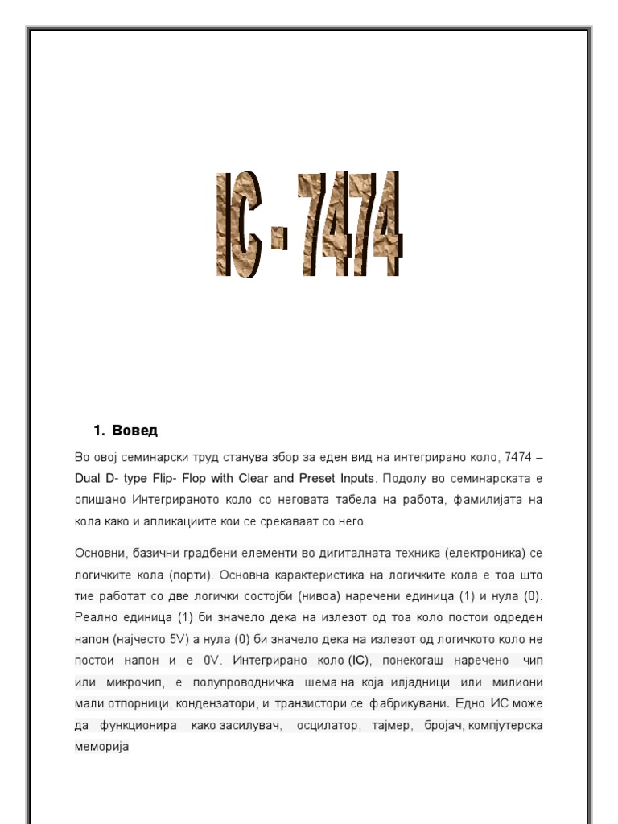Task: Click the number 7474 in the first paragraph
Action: coord(517,457)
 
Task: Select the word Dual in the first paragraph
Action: coord(88,478)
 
